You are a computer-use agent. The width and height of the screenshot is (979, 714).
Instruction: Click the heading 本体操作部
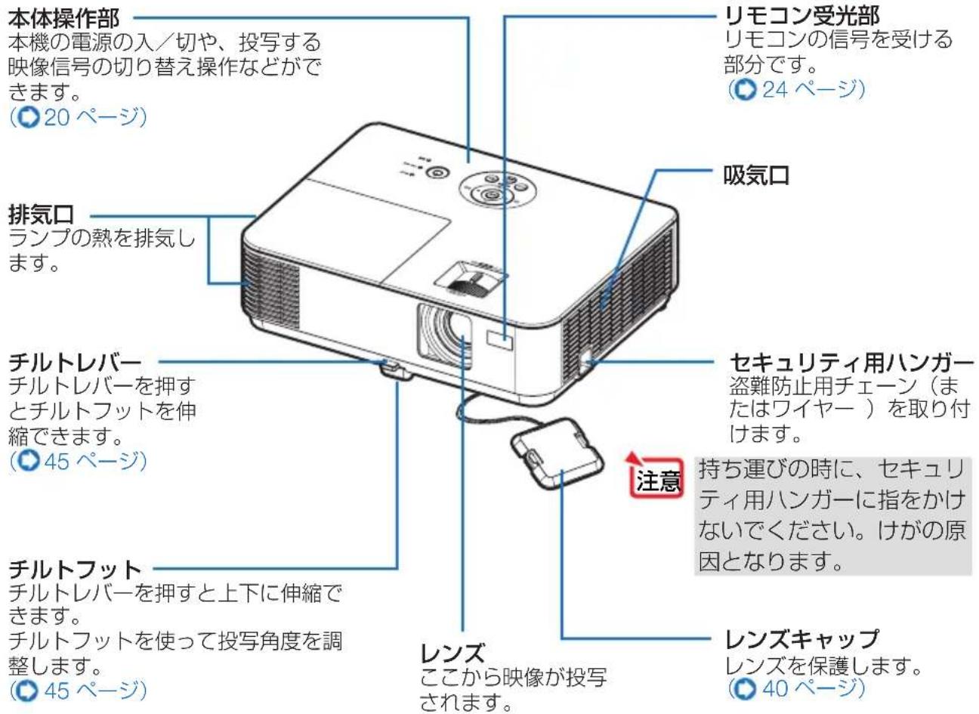63,16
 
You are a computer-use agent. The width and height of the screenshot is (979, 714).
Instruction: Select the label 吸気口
756,176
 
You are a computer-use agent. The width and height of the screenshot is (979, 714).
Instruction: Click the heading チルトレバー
75,363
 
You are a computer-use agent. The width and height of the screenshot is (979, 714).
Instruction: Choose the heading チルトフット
75,567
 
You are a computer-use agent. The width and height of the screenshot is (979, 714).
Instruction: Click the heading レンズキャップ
801,641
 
